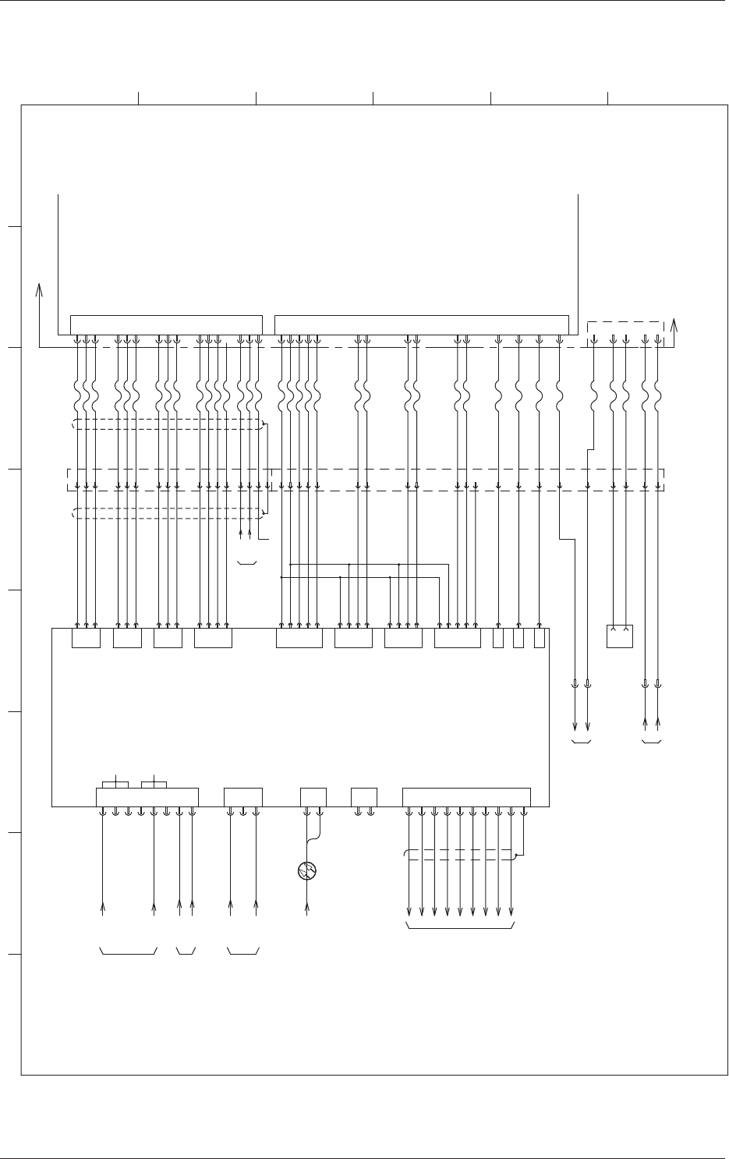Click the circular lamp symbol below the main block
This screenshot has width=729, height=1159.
[x=307, y=870]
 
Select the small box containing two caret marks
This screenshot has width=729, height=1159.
[x=620, y=636]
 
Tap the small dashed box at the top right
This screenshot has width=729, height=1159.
[x=625, y=328]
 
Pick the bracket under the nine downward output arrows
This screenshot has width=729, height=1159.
[x=460, y=927]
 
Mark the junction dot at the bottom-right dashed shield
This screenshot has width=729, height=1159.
[x=515, y=856]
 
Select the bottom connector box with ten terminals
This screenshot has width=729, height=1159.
[x=466, y=797]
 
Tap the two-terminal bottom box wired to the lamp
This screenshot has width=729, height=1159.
[x=313, y=797]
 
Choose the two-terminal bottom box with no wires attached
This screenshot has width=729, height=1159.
[x=364, y=797]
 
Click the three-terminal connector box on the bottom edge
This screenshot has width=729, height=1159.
[x=242, y=797]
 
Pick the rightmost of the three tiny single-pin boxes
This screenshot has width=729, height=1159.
[x=539, y=638]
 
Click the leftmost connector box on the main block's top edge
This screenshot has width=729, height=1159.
[x=86, y=638]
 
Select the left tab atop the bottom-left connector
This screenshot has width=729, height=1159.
[x=115, y=783]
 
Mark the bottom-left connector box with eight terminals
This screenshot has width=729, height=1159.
[x=147, y=797]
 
